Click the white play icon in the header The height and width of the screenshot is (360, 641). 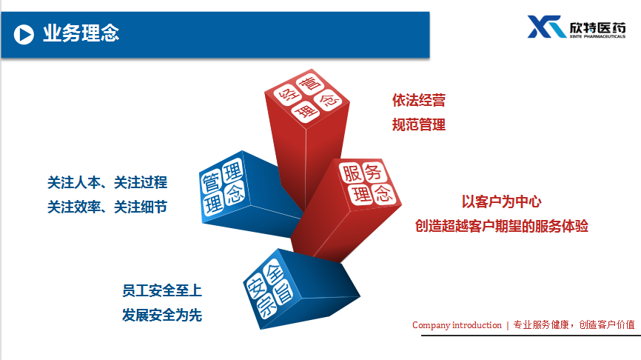[x=24, y=34]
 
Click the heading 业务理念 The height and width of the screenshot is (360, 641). [x=81, y=33]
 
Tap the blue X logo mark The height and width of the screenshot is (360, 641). [x=546, y=27]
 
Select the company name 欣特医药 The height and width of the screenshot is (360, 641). [x=597, y=27]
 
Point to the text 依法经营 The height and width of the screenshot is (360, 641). [x=419, y=100]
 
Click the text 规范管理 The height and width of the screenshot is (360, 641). [x=419, y=124]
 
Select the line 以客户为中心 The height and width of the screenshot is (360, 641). [x=502, y=201]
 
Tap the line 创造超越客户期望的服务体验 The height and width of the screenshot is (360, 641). [x=502, y=226]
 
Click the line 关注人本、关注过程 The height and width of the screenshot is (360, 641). [x=107, y=182]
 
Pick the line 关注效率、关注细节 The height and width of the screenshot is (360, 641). [x=107, y=207]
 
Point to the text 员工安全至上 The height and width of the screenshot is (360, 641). [x=162, y=291]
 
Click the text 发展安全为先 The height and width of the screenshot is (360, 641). [x=162, y=316]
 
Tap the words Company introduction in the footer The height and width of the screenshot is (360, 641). [x=457, y=325]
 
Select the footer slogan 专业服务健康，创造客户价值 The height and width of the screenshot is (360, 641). [x=574, y=325]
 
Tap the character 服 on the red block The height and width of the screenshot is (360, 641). [x=352, y=173]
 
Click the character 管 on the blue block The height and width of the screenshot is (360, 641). [x=212, y=182]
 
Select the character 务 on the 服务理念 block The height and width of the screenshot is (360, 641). [x=373, y=171]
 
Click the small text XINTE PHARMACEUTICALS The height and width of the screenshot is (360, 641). [x=597, y=37]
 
